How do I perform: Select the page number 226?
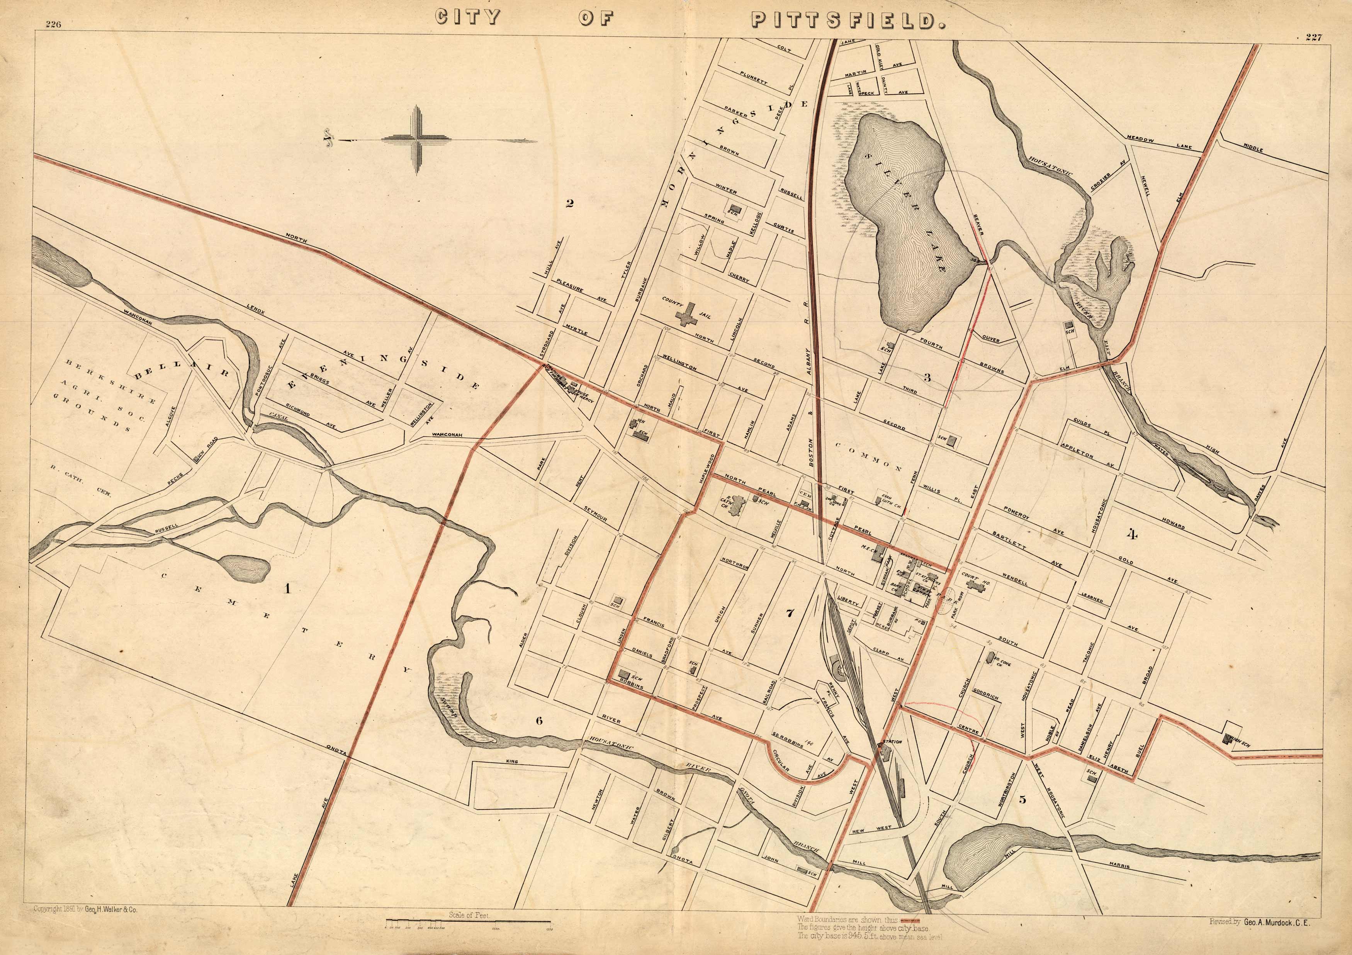(54, 25)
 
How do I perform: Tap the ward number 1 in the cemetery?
(287, 588)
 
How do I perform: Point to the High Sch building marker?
(1228, 739)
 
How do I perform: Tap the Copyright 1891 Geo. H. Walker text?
(85, 909)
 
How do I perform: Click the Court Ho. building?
(978, 587)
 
